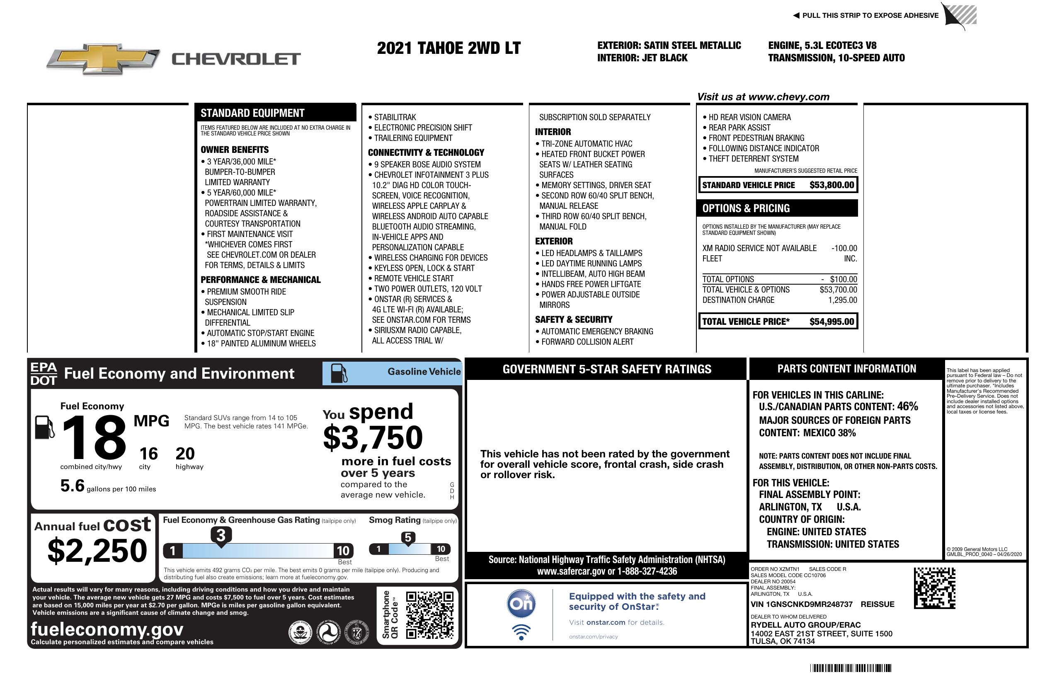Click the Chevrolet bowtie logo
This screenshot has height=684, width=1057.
point(103,58)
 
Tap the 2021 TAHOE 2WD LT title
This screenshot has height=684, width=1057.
point(448,48)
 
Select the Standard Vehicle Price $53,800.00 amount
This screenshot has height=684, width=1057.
point(832,185)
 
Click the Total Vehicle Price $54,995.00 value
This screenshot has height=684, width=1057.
point(832,321)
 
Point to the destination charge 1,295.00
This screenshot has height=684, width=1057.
point(842,300)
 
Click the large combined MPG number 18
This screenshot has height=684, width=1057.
point(94,437)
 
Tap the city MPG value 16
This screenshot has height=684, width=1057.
point(148,454)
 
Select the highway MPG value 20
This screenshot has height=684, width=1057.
point(185,454)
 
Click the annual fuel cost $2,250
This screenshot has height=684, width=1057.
point(97,551)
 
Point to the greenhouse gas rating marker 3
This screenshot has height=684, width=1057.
point(221,535)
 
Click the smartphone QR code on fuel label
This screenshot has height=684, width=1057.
point(429,615)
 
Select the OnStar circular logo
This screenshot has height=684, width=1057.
point(521,604)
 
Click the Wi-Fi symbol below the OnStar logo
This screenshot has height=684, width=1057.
point(521,632)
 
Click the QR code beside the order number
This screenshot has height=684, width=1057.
point(934,588)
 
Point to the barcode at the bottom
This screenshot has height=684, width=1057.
point(851,668)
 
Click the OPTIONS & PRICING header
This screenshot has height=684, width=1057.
point(746,208)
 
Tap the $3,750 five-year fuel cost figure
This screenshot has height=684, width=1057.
point(373,437)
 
